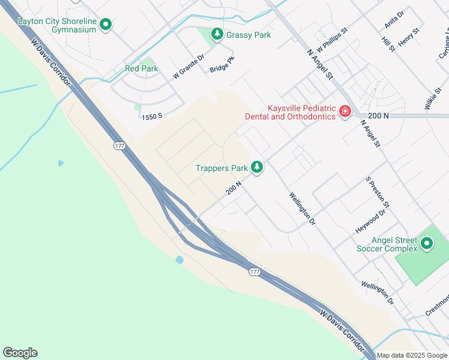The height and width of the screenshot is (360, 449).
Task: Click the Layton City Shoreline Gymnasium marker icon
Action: coord(106,25)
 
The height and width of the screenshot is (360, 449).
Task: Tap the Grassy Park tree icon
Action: coord(217,35)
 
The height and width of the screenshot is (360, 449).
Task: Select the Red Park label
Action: coord(142,68)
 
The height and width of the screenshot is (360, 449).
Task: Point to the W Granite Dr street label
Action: coord(188,67)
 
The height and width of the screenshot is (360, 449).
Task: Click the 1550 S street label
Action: coord(152,117)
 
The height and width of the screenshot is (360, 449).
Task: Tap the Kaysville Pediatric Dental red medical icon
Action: coord(345,111)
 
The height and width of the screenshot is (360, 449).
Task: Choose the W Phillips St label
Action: coord(331,38)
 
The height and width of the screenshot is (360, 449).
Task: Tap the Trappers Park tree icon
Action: coord(257,167)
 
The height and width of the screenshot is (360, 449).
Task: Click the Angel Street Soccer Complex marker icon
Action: coord(426,244)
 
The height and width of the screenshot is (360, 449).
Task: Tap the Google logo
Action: coord(20,353)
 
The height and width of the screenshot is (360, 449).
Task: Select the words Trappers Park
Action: coord(221,168)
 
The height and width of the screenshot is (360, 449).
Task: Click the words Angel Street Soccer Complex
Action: coord(387,244)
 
